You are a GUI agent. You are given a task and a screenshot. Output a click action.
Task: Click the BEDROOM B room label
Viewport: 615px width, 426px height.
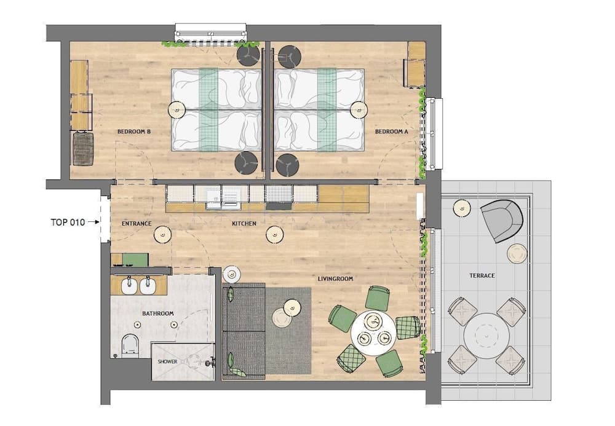tap(134, 132)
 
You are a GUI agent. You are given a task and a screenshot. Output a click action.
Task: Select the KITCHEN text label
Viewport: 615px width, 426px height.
tap(244, 223)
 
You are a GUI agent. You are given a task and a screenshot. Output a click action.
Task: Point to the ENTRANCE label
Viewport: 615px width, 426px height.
tap(137, 223)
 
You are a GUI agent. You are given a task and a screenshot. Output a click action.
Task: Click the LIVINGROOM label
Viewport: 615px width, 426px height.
tap(335, 278)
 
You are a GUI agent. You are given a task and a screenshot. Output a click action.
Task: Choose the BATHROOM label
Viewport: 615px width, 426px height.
tap(158, 314)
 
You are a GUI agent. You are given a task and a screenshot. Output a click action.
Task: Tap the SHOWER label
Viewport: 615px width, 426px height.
tap(167, 361)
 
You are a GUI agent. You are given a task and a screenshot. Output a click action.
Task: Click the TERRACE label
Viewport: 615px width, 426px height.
tap(482, 275)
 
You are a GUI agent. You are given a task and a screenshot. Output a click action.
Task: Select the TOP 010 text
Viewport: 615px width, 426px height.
tap(68, 223)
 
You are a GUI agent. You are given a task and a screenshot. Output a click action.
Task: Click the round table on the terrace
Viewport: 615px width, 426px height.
tap(486, 335)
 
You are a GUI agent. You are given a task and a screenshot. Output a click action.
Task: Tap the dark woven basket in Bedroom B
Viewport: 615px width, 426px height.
tap(82, 149)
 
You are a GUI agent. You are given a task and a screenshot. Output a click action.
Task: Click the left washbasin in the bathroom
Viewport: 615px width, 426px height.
tap(129, 285)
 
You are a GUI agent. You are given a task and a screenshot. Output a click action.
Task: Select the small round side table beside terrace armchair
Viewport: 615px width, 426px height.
tap(517, 253)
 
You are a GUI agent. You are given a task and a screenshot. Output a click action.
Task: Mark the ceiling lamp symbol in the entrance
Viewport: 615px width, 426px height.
tap(162, 234)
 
